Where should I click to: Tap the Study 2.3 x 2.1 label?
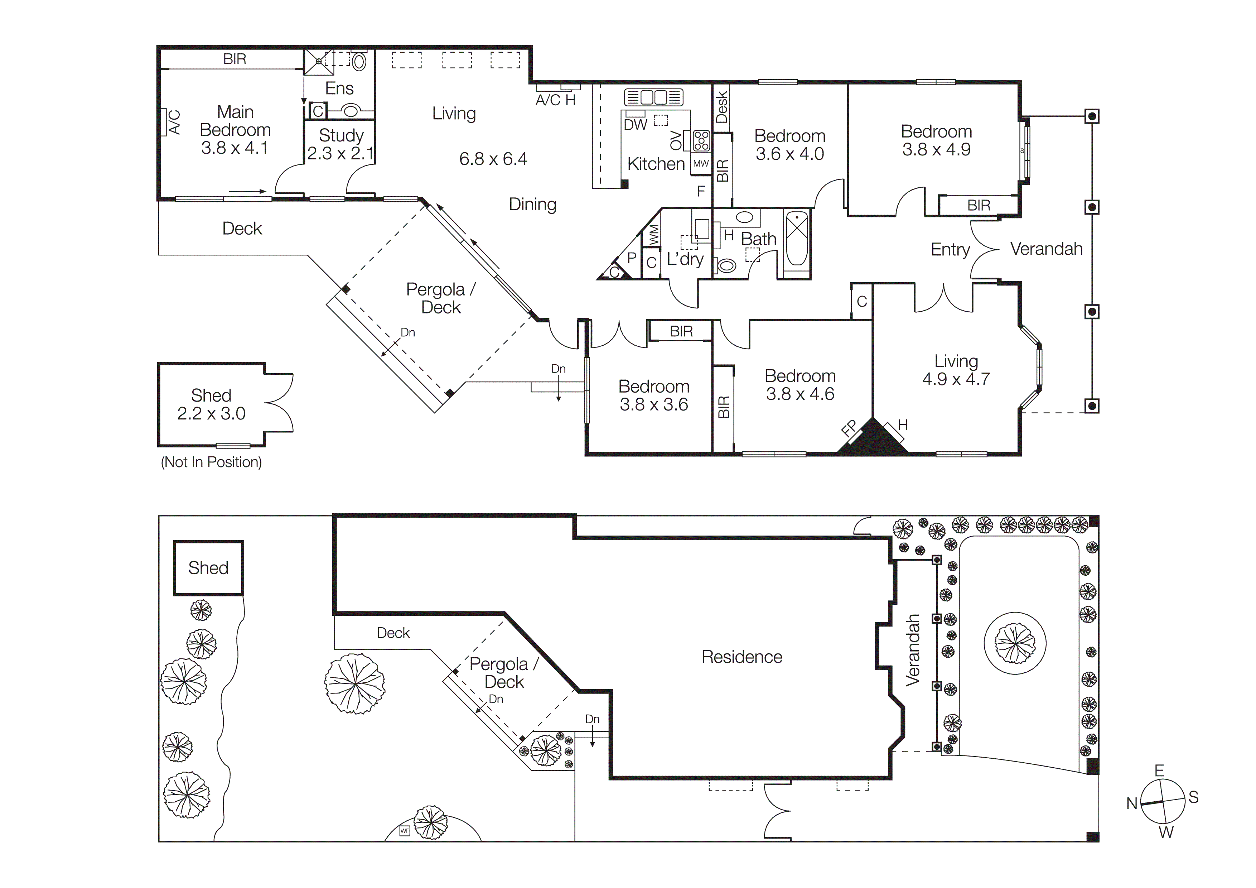[x=340, y=144]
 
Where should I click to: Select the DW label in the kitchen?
[x=635, y=125]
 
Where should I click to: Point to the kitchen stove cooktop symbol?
[x=701, y=141]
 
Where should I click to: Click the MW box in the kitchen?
[x=701, y=164]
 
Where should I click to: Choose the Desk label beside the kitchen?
[x=721, y=107]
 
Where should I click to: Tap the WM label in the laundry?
[x=653, y=236]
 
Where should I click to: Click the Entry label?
[x=950, y=250]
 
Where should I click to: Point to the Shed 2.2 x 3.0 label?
[x=211, y=404]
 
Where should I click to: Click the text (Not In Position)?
[x=211, y=462]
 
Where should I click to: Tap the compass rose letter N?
[x=1131, y=804]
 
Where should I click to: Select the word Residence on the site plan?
[x=742, y=657]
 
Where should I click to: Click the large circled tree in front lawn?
[x=1015, y=643]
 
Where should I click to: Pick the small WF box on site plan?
[x=405, y=831]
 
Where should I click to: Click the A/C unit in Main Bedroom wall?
[x=163, y=122]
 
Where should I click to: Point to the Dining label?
[x=532, y=205]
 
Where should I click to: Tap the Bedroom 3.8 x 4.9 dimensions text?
[x=936, y=149]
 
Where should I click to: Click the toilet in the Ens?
[x=359, y=61]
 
